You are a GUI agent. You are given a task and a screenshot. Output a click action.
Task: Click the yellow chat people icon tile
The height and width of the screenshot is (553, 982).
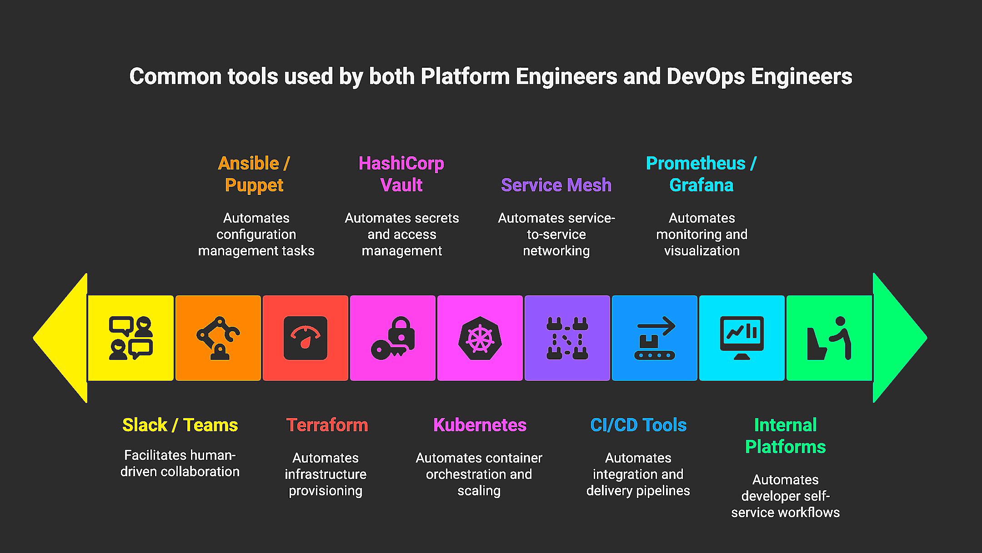(x=130, y=338)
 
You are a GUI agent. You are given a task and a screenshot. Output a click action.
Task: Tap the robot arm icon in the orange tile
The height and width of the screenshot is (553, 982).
(x=218, y=338)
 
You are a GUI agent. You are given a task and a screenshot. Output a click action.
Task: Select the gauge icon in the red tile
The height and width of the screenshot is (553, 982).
(x=306, y=338)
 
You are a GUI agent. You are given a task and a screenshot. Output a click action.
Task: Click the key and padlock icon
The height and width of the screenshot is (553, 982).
(x=393, y=338)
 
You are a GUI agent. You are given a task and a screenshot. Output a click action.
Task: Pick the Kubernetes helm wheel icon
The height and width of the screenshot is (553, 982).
(x=480, y=338)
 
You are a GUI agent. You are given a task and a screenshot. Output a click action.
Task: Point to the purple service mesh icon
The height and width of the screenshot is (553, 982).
(x=567, y=338)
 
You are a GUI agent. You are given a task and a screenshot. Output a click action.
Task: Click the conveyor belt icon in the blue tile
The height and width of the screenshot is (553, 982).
(x=655, y=338)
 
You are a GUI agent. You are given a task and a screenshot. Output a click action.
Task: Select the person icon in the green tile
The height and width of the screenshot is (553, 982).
(x=829, y=338)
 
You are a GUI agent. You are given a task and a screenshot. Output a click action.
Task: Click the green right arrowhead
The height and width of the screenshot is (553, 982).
(x=898, y=338)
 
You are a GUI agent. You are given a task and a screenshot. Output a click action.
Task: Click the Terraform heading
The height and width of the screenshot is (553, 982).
(x=327, y=425)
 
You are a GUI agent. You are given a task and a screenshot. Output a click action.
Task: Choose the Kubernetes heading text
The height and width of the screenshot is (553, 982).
(x=480, y=425)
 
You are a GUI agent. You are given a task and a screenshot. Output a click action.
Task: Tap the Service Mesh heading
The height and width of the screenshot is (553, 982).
(x=556, y=185)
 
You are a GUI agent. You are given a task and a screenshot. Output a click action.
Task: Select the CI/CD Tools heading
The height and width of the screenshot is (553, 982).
(x=638, y=425)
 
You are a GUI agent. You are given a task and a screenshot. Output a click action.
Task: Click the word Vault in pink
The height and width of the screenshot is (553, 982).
(x=401, y=185)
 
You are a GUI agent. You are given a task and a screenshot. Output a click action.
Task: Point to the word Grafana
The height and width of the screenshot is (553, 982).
(x=701, y=185)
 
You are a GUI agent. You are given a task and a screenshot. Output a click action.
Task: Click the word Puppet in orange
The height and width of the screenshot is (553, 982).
(x=254, y=185)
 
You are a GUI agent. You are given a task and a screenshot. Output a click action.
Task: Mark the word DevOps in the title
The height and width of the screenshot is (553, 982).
(x=706, y=76)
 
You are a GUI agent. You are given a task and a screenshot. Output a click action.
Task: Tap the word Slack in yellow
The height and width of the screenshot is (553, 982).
(x=145, y=425)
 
